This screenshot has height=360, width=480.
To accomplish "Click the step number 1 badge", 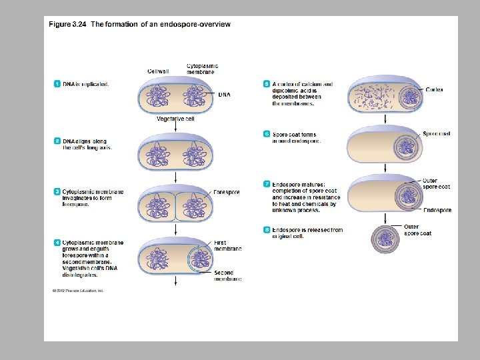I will [57, 84].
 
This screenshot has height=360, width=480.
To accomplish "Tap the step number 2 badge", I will [57, 141].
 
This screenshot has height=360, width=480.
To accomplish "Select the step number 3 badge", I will [57, 192].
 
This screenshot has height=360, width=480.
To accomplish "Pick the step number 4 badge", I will [57, 243].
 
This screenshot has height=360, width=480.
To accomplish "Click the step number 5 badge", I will [267, 84].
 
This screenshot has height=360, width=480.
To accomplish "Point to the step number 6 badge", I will [267, 134].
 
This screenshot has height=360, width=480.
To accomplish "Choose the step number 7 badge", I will [267, 185].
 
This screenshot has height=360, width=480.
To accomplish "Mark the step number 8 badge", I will [267, 230].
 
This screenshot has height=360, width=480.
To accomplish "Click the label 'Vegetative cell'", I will [175, 119].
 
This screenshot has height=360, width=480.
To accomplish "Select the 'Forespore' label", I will [226, 192].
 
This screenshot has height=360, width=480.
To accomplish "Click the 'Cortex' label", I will [434, 89].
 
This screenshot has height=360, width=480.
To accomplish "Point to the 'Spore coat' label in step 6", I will [436, 134].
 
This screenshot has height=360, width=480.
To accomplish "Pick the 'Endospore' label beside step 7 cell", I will [437, 211].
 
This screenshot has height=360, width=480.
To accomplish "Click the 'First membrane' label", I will [227, 246].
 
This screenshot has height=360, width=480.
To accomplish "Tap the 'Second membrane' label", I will [227, 276].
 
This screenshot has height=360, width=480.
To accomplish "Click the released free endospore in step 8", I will [385, 239].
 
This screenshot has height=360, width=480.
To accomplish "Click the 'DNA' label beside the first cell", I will [225, 95].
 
